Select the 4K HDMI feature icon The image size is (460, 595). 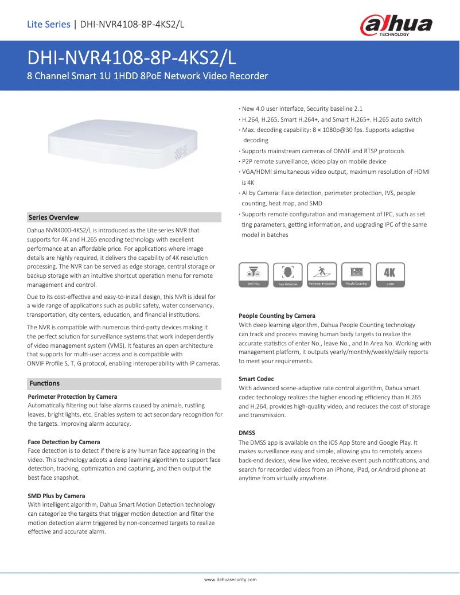(390, 275)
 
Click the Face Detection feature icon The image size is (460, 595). (287, 275)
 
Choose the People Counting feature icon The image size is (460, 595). (356, 275)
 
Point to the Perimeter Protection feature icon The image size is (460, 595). (322, 275)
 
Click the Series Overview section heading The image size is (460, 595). (54, 217)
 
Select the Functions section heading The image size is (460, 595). (44, 383)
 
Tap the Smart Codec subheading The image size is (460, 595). (256, 379)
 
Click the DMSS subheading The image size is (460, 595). (247, 433)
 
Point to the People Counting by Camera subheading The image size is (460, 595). (276, 316)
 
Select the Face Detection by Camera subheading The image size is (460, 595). (64, 442)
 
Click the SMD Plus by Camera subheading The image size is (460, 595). (56, 496)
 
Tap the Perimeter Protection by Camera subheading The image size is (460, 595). (72, 396)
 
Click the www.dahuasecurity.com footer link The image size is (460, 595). (230, 580)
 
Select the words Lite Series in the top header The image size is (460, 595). (48, 24)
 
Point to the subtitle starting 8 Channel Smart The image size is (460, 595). (147, 76)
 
